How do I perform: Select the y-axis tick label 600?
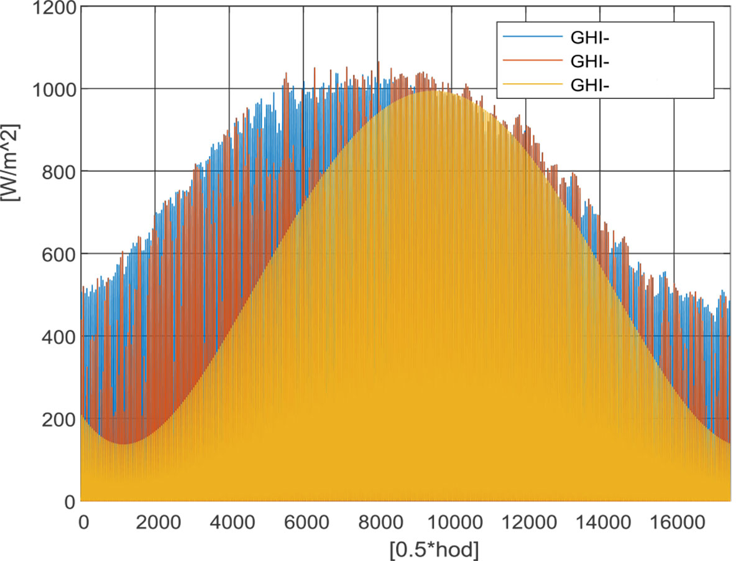tap(58, 254)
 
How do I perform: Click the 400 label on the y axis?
tap(58, 336)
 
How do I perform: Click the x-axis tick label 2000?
tap(155, 520)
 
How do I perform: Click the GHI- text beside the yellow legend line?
tap(588, 86)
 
